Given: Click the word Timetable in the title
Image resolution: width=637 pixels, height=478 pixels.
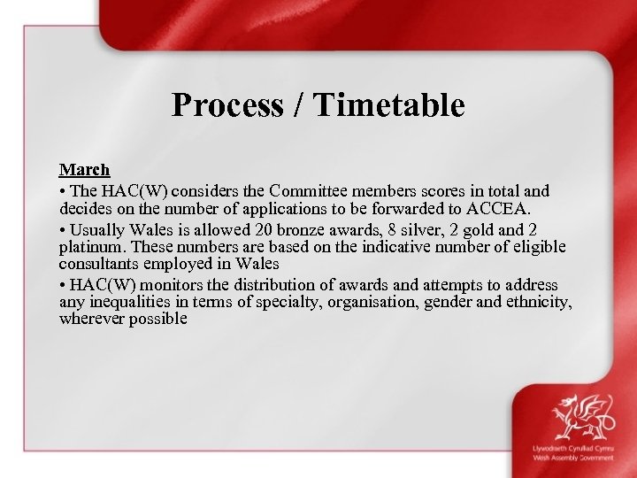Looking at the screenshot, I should point(388,105).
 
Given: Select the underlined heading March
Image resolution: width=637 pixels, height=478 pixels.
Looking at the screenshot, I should point(84,169).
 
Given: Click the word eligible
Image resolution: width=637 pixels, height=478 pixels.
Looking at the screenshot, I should point(541,247).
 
